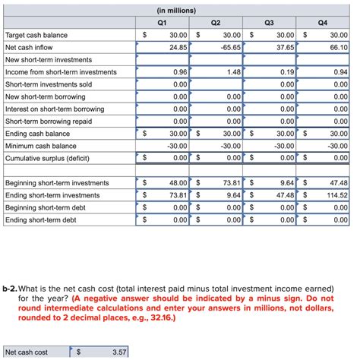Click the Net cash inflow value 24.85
(x=178, y=47)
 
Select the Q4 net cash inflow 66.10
(x=337, y=47)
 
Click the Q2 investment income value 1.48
(x=233, y=72)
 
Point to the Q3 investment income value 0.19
(x=287, y=72)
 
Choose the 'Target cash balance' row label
(x=36, y=35)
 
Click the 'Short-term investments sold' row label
(x=49, y=84)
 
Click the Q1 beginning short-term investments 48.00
(x=178, y=184)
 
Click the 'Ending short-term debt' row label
(x=41, y=220)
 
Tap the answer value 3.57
(x=118, y=352)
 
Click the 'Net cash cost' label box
(x=27, y=352)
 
